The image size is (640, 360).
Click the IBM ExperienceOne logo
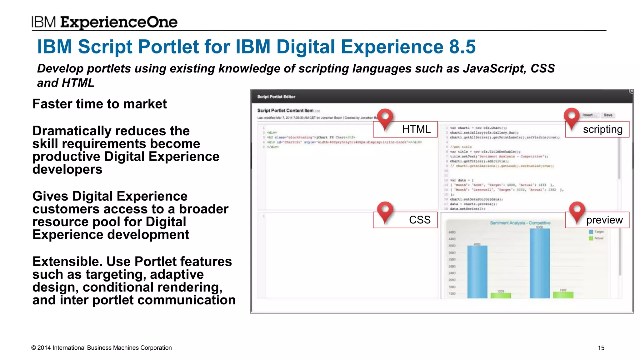click(x=104, y=22)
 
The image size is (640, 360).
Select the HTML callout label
click(x=416, y=129)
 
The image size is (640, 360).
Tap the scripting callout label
click(x=602, y=129)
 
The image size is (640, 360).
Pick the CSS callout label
click(x=419, y=220)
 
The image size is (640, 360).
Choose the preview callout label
click(x=604, y=220)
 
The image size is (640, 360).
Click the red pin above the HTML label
click(x=385, y=118)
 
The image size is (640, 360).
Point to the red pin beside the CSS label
click(x=385, y=211)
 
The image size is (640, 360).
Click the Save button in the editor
click(x=608, y=115)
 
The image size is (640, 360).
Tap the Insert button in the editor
click(x=589, y=115)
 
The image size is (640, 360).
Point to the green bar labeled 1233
click(x=501, y=295)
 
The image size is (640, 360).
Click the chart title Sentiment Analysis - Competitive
click(x=520, y=223)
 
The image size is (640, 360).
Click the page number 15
click(x=601, y=348)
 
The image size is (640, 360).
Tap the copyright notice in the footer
click(x=102, y=348)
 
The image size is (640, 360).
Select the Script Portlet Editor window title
click(x=276, y=97)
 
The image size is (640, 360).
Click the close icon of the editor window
click(x=631, y=91)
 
